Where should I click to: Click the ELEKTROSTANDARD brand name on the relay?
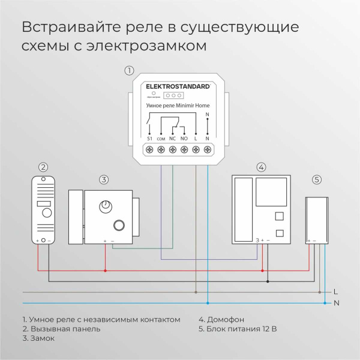(178, 86)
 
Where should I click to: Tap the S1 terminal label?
(149, 139)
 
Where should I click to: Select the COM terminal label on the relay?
(161, 139)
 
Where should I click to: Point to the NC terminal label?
(172, 139)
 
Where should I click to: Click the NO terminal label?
(184, 139)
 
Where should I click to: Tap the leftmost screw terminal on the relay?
(149, 149)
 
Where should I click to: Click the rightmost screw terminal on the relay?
(207, 149)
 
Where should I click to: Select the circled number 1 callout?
(128, 70)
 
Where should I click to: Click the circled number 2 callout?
(43, 167)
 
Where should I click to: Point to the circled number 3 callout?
(103, 179)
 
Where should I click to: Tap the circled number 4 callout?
(260, 167)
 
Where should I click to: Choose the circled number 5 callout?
(316, 179)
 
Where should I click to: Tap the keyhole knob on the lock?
(106, 206)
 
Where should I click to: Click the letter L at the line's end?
(335, 292)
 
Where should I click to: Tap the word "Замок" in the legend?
(41, 338)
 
